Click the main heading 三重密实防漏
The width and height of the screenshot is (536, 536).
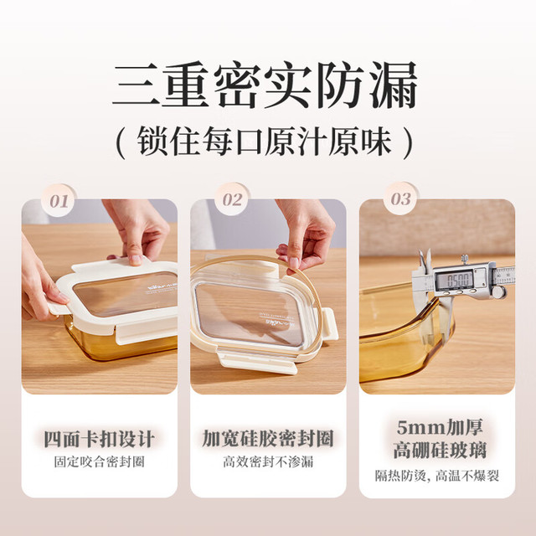[x=265, y=85]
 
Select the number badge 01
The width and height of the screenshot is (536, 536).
[x=59, y=201]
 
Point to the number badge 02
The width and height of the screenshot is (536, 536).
[x=233, y=199]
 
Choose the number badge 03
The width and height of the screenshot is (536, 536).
[x=401, y=198]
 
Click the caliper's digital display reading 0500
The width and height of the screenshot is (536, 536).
[x=454, y=281]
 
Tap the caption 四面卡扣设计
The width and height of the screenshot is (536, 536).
[x=99, y=439]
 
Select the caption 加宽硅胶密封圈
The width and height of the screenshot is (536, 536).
[x=268, y=439]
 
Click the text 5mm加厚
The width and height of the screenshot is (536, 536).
[x=440, y=428]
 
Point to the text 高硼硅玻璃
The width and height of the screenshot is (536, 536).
[x=440, y=451]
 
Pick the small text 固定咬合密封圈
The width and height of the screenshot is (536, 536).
[x=99, y=461]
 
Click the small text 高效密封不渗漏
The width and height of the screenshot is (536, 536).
[x=268, y=461]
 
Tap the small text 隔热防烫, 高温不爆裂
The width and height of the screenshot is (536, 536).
[x=437, y=476]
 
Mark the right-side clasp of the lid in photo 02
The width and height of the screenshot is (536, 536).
[x=328, y=323]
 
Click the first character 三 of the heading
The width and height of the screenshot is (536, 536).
[x=137, y=85]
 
